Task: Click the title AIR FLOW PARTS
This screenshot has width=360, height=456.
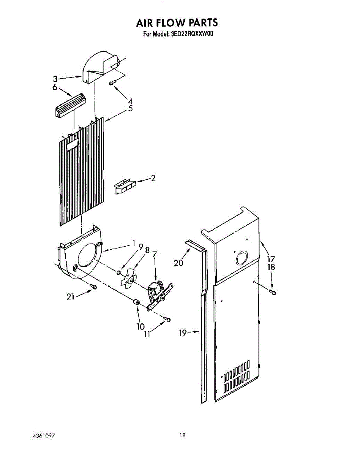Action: tap(177, 23)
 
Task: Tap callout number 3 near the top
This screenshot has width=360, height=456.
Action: tap(55, 79)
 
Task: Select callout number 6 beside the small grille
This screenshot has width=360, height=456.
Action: tap(55, 87)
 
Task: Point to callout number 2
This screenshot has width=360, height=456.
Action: tap(153, 178)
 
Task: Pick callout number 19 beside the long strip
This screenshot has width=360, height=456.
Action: tap(183, 333)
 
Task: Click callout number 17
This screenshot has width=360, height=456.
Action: tap(270, 259)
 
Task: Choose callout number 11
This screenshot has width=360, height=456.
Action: tap(147, 334)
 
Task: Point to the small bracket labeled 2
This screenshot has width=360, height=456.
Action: tap(125, 187)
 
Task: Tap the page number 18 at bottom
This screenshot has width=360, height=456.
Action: tap(183, 435)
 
